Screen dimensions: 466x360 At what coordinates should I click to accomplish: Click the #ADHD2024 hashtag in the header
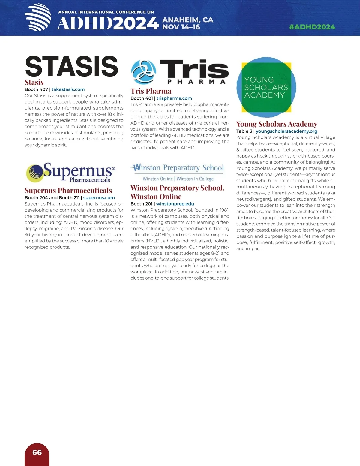pos(312,27)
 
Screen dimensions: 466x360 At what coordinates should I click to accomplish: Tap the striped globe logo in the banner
pos(38,17)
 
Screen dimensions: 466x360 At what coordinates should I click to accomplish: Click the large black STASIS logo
pos(72,66)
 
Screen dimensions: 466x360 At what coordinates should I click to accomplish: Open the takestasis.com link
pos(68,89)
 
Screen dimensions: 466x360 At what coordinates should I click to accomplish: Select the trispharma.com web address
pos(174,98)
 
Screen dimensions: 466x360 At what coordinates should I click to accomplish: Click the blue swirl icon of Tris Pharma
pos(143,72)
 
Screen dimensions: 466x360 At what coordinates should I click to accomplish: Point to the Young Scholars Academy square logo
pos(266,87)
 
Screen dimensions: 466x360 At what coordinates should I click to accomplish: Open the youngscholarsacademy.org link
pos(286,131)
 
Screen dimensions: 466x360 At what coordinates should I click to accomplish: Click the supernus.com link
pos(99,198)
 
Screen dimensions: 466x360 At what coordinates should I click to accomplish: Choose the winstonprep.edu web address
pos(175,204)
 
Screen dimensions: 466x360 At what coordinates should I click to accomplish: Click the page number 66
pos(37,452)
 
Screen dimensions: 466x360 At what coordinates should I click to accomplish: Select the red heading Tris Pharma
pos(151,91)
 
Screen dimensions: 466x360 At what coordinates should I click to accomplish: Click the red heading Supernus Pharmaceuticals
pos(68,191)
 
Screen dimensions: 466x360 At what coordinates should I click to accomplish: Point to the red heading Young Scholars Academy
pos(277,124)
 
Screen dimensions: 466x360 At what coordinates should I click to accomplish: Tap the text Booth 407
pos(36,89)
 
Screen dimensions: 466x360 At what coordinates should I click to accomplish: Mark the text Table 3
pos(244,131)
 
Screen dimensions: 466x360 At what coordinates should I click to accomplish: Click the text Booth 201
pos(142,204)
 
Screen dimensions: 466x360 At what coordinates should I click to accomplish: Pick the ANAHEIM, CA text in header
pos(188,20)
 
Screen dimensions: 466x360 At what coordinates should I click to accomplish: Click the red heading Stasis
pos(34,83)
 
